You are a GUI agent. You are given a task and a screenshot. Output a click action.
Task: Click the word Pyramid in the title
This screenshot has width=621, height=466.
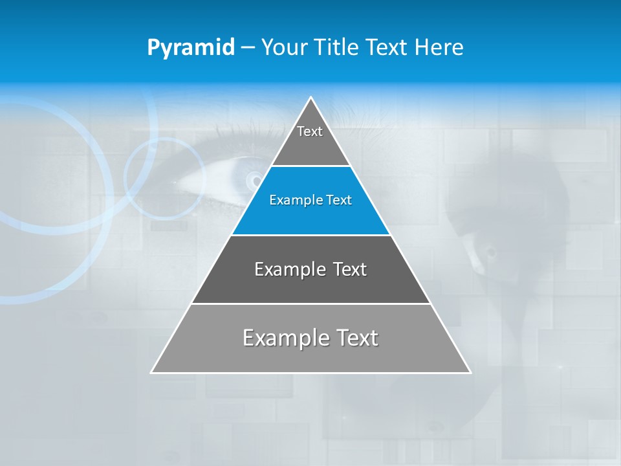point(190,47)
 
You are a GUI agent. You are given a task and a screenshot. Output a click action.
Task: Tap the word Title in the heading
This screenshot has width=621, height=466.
point(340,47)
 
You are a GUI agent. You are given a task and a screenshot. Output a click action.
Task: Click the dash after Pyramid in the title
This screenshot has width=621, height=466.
point(248,48)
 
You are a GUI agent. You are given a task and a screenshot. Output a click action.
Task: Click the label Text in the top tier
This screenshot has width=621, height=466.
point(310,131)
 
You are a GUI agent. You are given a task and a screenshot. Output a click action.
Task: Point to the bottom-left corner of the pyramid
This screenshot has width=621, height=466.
point(153,372)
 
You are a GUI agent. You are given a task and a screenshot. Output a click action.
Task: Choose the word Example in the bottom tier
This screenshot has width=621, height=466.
point(285,338)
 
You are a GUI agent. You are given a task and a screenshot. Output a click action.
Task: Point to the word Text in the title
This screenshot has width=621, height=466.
point(387,47)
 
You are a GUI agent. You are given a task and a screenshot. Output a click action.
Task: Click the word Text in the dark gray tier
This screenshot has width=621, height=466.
point(349,269)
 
